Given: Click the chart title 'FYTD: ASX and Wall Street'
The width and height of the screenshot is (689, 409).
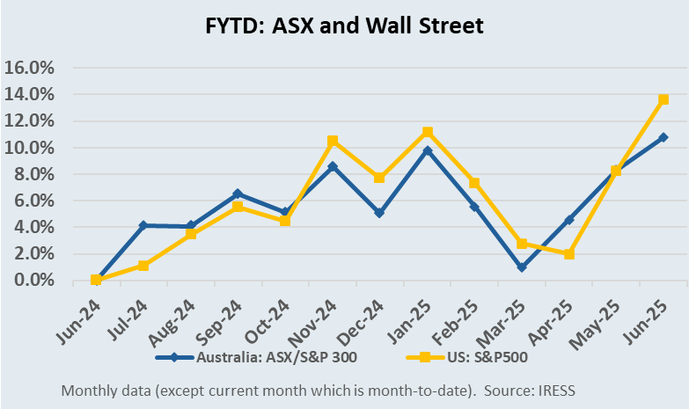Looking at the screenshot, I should click(x=344, y=26).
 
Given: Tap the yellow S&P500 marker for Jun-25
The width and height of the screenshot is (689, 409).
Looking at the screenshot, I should click(x=663, y=99).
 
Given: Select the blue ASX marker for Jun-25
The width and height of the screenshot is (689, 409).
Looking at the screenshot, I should click(x=663, y=137).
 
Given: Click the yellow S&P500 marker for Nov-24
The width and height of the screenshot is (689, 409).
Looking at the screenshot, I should click(x=333, y=141).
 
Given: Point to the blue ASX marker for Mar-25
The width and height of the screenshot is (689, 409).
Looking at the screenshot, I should click(x=522, y=267).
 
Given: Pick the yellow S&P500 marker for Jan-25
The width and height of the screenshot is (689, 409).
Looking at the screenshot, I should click(x=428, y=132).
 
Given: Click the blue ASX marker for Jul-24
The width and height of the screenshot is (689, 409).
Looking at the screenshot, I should click(x=143, y=226).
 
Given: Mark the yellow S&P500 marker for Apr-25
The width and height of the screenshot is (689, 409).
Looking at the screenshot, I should click(x=569, y=254).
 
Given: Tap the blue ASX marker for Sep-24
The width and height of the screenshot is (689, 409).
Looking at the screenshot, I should click(x=238, y=194).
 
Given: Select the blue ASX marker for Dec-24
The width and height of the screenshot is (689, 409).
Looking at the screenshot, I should click(x=380, y=213).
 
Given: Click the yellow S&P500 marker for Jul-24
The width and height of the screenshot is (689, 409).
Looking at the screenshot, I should click(x=143, y=265).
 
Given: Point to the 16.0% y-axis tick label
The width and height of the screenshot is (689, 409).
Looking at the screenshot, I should click(x=30, y=68).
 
